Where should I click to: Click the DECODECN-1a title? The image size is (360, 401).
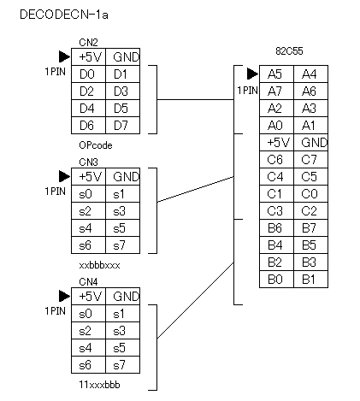pos(64,15)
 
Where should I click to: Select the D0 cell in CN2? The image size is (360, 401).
pos(88,74)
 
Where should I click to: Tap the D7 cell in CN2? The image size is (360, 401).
pos(122,126)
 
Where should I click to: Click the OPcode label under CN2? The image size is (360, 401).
pos(96,145)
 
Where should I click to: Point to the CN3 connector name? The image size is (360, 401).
pos(88,162)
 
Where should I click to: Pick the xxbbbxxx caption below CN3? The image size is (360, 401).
pos(99,265)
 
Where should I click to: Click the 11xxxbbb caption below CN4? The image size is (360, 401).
pos(99,385)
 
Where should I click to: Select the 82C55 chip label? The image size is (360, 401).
pos(289,51)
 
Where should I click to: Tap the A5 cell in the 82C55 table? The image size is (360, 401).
pos(276,74)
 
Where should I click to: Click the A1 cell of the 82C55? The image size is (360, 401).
pos(310,126)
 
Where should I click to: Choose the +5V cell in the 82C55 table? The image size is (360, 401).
pos(276,143)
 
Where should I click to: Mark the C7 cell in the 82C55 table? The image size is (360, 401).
pos(310,160)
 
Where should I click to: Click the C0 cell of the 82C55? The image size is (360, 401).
pos(310,194)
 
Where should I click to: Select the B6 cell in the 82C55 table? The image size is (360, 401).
pos(276,228)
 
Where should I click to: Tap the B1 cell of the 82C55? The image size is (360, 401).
pos(310,280)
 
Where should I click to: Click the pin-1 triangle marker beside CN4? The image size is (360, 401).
pos(64,296)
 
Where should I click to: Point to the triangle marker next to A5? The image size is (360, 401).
pos(252,74)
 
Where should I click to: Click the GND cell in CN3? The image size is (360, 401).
pos(122,177)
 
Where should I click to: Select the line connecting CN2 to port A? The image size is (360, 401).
pos(196,100)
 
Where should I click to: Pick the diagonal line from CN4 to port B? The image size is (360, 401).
pos(196,300)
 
